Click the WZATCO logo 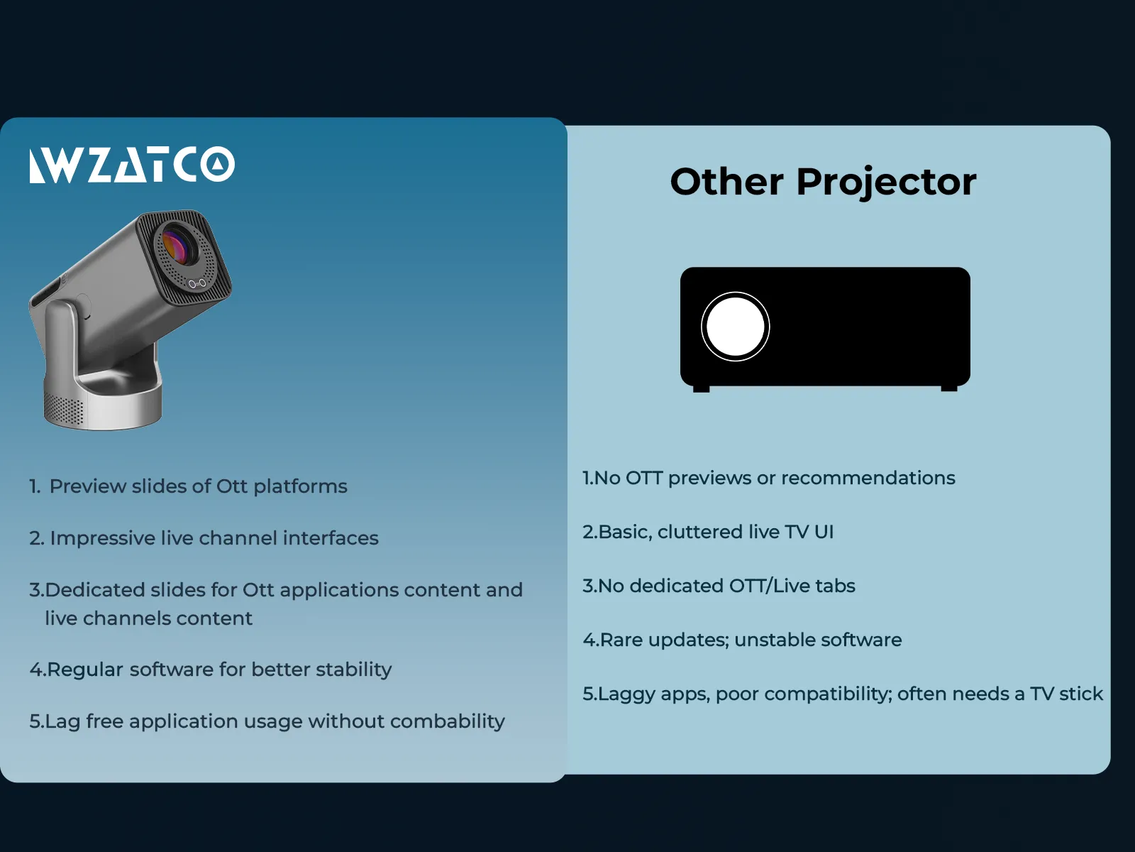[x=132, y=165]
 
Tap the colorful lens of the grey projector [x=178, y=246]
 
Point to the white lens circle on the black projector [x=735, y=327]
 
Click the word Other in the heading [x=726, y=182]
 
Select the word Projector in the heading [x=886, y=182]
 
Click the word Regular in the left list [x=86, y=670]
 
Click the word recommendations [x=868, y=478]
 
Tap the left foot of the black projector [x=701, y=388]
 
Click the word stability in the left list [x=354, y=670]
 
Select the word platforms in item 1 [x=300, y=487]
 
